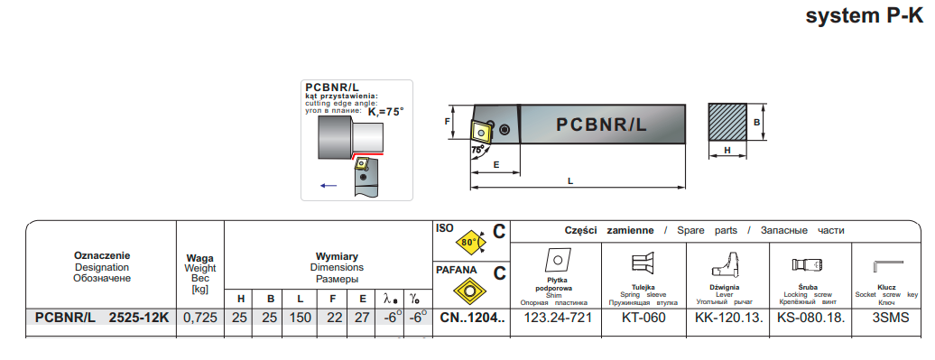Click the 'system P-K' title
[864, 15]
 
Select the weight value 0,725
[199, 318]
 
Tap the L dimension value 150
[300, 318]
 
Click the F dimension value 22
[335, 318]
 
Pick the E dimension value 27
[362, 318]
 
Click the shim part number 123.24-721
[557, 317]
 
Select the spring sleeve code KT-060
[644, 317]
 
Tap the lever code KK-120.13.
[729, 317]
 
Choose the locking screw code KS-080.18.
[811, 317]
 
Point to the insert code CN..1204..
[472, 318]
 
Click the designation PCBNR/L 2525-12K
[102, 318]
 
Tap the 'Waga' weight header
[200, 258]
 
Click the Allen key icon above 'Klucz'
[888, 265]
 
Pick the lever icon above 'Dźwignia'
[727, 264]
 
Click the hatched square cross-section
[727, 122]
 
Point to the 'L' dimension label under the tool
[570, 180]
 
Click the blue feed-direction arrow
[329, 185]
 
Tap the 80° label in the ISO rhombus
[468, 243]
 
